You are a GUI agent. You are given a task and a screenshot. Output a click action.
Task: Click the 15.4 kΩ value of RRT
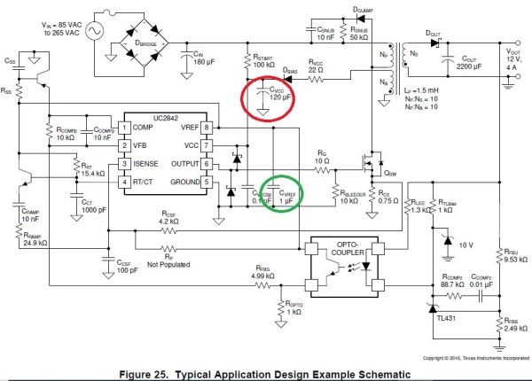(x=93, y=174)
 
